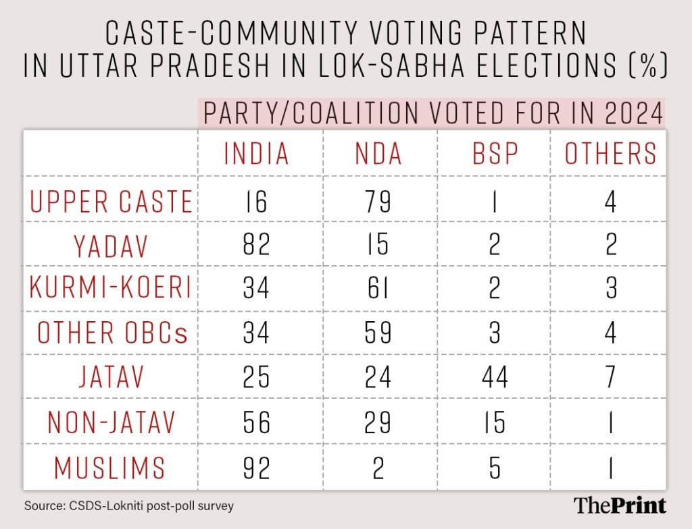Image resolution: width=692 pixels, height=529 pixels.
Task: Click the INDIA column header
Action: click(256, 154)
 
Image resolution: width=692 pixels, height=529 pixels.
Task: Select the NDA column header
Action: click(378, 154)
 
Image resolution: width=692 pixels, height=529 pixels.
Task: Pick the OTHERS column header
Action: click(610, 154)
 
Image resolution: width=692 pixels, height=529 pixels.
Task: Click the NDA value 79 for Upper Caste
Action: click(378, 202)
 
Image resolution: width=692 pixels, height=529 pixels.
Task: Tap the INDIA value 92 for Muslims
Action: click(256, 466)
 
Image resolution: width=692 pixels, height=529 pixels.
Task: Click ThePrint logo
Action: click(620, 505)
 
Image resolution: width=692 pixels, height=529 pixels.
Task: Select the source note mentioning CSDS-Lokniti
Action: click(129, 505)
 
